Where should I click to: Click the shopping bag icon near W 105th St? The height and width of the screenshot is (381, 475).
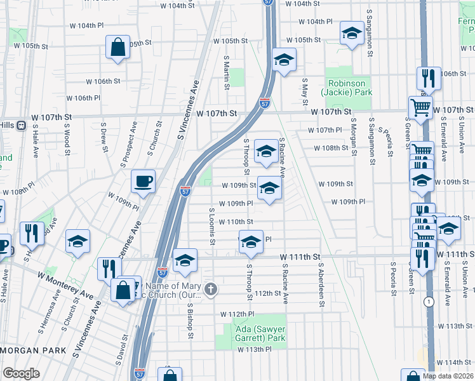coord(118,47)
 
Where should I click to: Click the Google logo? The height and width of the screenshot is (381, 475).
coord(22,373)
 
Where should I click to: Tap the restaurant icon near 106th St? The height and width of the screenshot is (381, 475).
coord(429,78)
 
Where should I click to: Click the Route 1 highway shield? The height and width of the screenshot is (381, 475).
coord(430,302)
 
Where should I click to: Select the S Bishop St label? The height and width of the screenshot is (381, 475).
coord(190,316)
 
